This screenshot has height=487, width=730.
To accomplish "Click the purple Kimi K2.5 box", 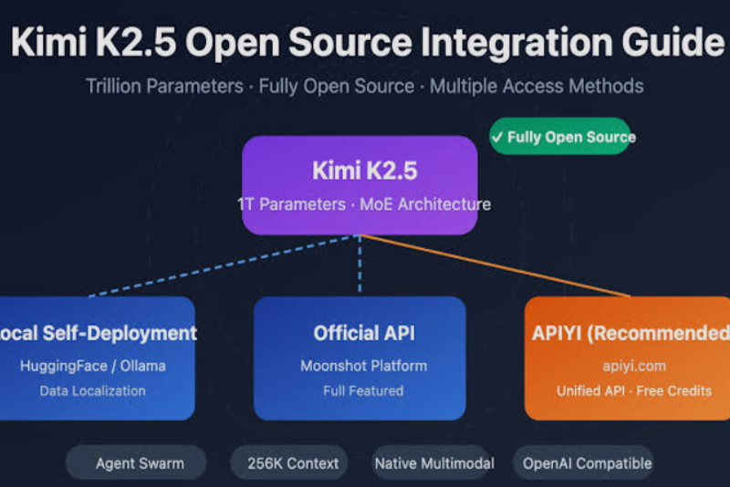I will tap(360, 185).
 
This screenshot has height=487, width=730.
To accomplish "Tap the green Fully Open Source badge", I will tap(559, 137).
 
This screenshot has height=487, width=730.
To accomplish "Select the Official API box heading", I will tap(359, 333).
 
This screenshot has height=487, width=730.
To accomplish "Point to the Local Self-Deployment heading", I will tap(98, 333).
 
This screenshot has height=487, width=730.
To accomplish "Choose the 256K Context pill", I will tap(292, 463).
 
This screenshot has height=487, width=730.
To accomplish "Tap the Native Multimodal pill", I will tap(433, 463).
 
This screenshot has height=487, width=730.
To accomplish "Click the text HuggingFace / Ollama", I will tap(92, 366).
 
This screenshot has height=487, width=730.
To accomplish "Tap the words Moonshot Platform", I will tap(359, 366).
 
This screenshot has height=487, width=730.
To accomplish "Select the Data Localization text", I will tap(92, 390).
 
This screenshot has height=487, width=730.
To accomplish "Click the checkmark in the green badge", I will tap(497, 137).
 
